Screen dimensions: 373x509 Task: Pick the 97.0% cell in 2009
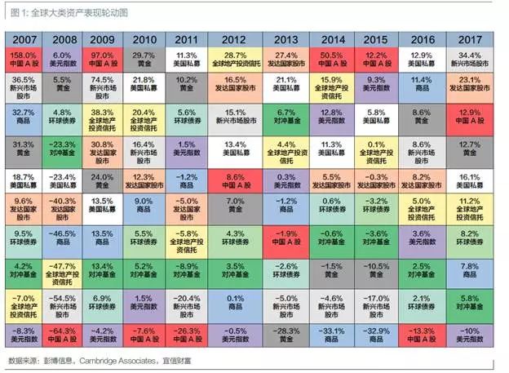[x=108, y=59]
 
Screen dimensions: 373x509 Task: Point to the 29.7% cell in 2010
[x=148, y=59]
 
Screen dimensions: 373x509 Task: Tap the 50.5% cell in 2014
[x=334, y=59]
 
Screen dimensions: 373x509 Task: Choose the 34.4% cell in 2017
[x=471, y=59]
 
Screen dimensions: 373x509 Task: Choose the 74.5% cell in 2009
[x=108, y=87]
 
